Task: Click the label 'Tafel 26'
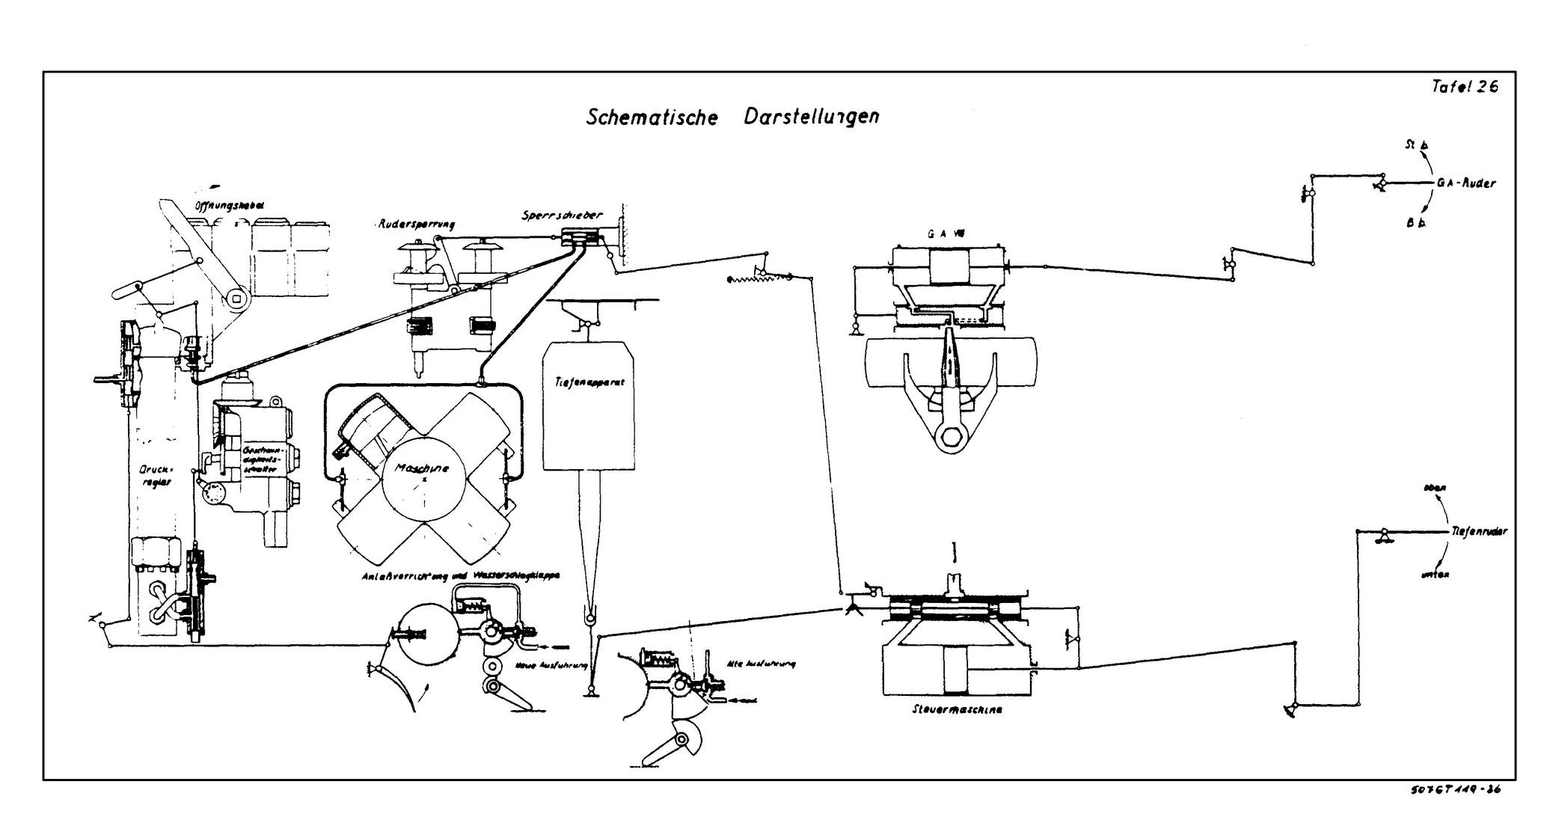click(1465, 87)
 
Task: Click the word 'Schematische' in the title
click(652, 118)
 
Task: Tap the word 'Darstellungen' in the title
click(812, 117)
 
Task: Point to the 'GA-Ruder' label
click(1465, 183)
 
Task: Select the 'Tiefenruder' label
click(1479, 532)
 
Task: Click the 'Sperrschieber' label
click(561, 215)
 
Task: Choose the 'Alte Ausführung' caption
click(760, 664)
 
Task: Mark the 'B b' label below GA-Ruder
click(1415, 223)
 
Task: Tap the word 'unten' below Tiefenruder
click(1434, 575)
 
